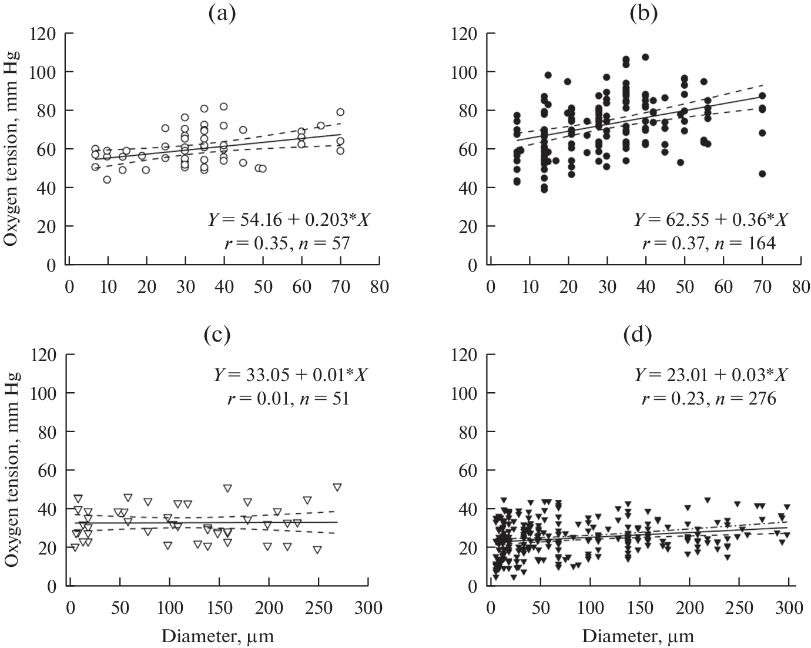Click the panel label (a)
point(223,13)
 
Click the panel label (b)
point(644,13)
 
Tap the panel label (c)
point(217,335)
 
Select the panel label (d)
point(637,335)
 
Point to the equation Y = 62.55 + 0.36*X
point(710,220)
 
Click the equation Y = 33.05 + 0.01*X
point(290,375)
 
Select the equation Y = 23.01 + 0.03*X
point(711,375)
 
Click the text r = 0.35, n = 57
point(287,243)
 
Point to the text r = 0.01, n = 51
point(287,399)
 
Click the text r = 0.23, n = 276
point(708,399)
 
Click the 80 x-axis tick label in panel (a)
point(379,287)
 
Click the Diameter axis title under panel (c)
point(217,636)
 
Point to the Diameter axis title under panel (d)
point(638,636)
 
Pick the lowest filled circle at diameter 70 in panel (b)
point(762,174)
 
